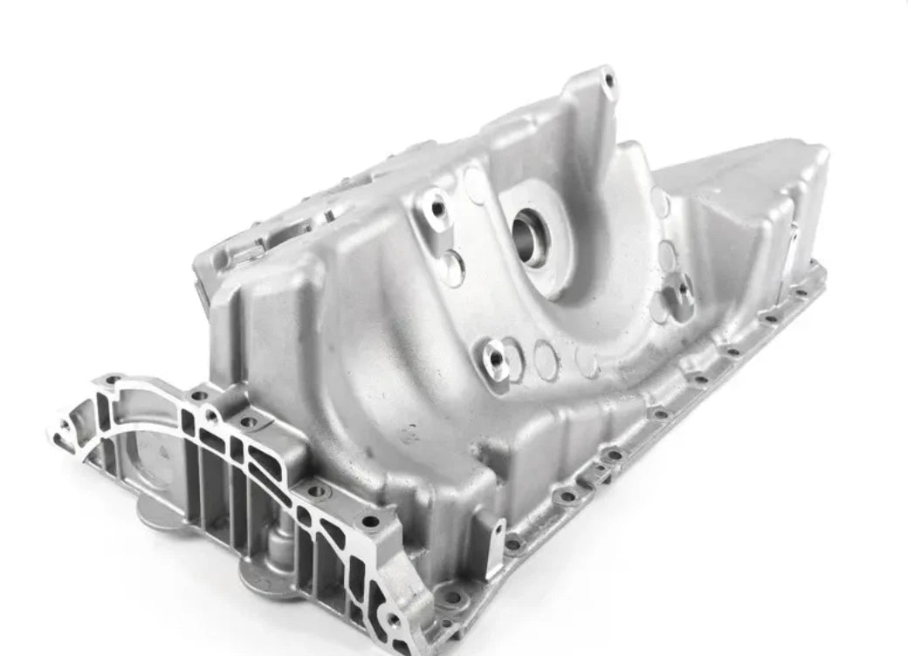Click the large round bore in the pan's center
[x=530, y=234]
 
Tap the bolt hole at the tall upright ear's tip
[x=609, y=80]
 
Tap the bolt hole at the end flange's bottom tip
[x=394, y=621]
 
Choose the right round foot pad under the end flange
[x=262, y=577]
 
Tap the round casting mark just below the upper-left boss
[x=454, y=267]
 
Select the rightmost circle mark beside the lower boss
[x=587, y=361]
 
